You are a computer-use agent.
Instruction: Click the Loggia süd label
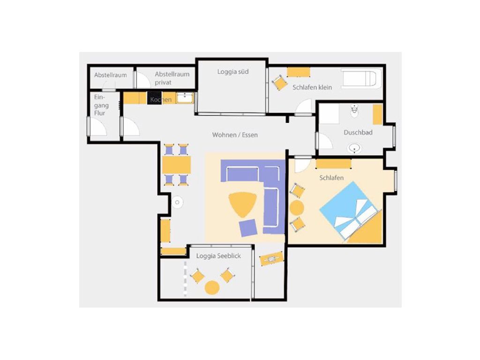point(232,72)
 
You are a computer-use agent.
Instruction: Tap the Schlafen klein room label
point(312,87)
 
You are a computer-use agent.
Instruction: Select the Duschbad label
point(358,132)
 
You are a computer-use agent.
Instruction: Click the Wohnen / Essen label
point(235,135)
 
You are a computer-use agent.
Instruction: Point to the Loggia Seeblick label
point(218,255)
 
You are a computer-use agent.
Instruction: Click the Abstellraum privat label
point(172,78)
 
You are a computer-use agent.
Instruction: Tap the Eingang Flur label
point(101,105)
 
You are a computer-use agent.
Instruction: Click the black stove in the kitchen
point(155,98)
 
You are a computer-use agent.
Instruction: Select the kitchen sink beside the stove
point(185,98)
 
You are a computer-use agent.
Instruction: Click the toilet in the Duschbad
point(354,111)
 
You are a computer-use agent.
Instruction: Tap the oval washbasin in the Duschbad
point(354,149)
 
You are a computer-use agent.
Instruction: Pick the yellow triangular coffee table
point(242,203)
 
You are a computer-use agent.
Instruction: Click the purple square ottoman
point(248,228)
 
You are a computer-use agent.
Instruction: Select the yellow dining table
point(176,165)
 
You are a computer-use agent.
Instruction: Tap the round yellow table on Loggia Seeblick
point(212,288)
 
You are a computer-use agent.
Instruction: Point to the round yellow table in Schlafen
point(296,208)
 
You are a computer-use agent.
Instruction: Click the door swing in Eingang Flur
point(98,127)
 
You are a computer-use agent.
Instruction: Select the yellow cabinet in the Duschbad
point(377,114)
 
